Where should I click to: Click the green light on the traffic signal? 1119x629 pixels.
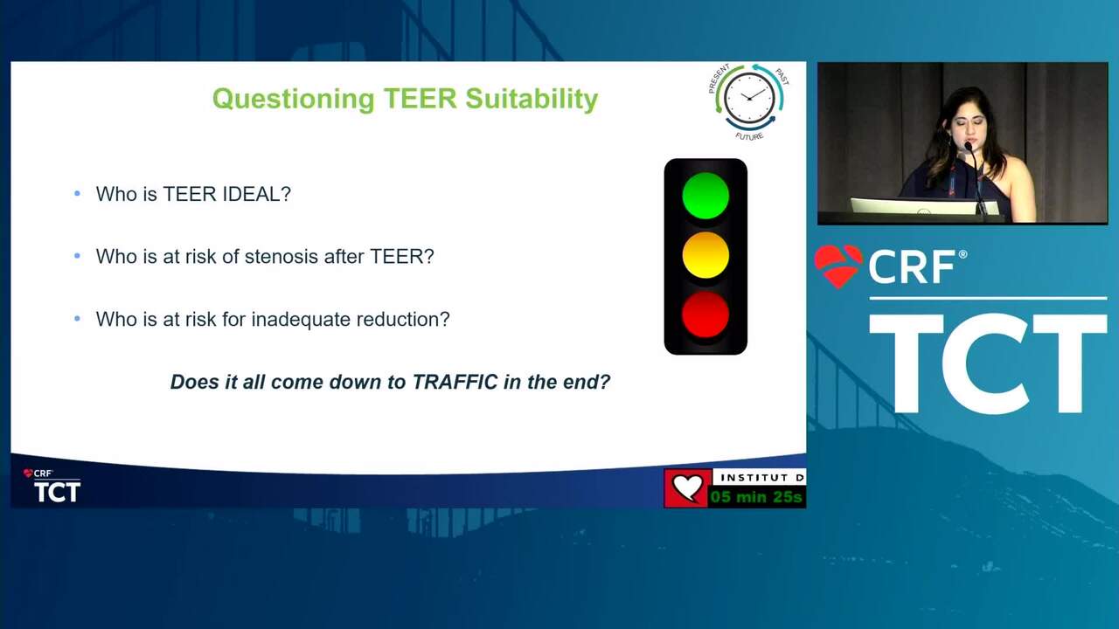[x=705, y=196]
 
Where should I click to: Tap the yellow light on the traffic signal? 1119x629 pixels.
[x=705, y=255]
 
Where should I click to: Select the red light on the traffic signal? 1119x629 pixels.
[x=705, y=314]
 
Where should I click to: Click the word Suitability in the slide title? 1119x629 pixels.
[x=532, y=99]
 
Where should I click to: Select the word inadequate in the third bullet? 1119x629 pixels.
[x=301, y=319]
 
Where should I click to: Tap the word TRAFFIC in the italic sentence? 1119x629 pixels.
[x=455, y=382]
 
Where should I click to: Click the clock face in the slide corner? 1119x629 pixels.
[x=749, y=98]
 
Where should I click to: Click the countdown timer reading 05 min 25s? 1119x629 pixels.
[x=756, y=497]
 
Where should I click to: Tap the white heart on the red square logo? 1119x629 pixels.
[x=687, y=487]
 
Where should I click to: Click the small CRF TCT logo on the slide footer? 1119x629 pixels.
[x=52, y=485]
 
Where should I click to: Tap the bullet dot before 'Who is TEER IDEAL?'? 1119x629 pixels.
[x=77, y=193]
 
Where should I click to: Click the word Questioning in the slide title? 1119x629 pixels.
[x=293, y=99]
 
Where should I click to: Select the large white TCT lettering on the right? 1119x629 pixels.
[x=988, y=363]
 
